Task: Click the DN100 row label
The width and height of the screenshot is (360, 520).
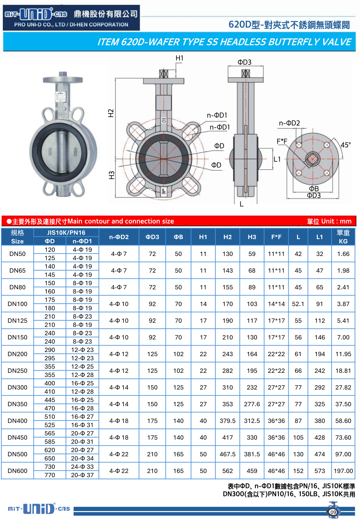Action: [17, 304]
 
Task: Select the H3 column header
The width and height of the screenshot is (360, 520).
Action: [252, 237]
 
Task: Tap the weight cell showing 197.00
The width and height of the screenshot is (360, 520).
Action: [343, 471]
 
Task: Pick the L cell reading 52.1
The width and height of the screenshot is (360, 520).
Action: [298, 304]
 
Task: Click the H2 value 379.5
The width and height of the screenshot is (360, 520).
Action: [228, 421]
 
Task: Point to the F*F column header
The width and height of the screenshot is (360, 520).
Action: [276, 237]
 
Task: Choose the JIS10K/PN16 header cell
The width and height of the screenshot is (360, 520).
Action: [66, 232]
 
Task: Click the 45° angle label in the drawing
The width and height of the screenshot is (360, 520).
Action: [346, 145]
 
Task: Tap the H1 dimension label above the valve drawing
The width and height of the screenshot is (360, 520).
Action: [180, 58]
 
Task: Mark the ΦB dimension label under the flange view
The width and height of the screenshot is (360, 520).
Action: [314, 188]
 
